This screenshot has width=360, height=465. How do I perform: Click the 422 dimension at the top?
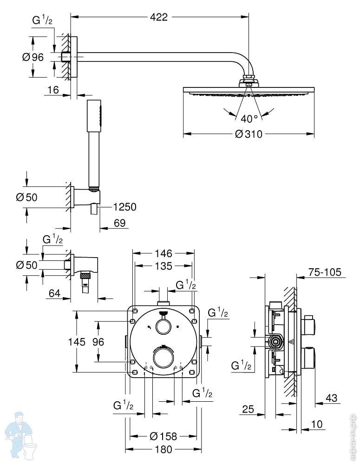pos(159,17)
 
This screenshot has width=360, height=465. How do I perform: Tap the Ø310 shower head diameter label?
pos(249,134)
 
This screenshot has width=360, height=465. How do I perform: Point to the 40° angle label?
pos(249,119)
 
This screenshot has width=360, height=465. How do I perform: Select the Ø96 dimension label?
pos(33,57)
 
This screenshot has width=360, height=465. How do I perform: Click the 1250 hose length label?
pos(125,207)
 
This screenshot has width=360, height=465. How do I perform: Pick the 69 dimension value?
pos(120,223)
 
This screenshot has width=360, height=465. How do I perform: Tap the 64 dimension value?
pos(54,293)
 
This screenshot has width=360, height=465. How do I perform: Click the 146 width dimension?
pos(164,253)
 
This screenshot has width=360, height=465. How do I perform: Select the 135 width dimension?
pos(164,266)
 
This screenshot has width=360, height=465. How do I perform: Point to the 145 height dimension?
pos(77,342)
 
